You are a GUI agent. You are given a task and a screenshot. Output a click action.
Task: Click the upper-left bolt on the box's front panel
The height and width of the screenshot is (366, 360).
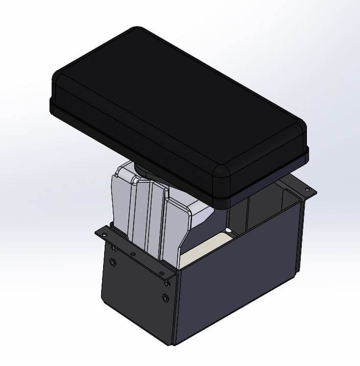click(x=112, y=262)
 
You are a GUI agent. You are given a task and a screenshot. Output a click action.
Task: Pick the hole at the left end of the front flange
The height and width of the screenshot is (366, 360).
click(x=105, y=233)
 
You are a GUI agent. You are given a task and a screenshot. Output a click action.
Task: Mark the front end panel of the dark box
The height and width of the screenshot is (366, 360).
click(x=135, y=296)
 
